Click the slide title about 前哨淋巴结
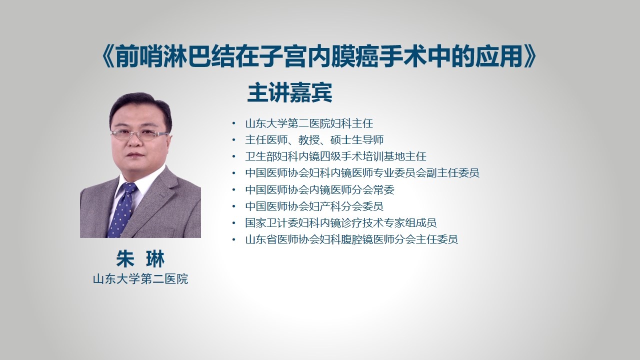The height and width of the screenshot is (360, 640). [319, 56]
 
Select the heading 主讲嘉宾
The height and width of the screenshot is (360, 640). [289, 92]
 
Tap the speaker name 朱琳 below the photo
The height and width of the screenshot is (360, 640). [140, 259]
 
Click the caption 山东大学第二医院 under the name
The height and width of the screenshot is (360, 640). [140, 279]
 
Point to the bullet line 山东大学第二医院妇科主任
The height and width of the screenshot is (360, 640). [309, 123]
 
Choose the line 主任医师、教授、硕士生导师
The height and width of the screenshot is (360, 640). [314, 140]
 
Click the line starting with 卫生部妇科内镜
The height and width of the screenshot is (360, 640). [335, 156]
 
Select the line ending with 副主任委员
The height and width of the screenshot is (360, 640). [362, 173]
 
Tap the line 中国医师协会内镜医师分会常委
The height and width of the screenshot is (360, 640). [319, 189]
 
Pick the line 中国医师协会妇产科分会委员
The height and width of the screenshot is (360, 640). [314, 206]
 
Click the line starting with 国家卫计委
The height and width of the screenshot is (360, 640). [341, 223]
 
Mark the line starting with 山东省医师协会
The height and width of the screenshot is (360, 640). [351, 239]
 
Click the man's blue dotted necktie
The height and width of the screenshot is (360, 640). [123, 210]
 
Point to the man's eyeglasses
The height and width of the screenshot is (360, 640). [139, 134]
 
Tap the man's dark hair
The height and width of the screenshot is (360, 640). [140, 107]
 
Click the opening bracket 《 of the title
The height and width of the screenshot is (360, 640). [108, 56]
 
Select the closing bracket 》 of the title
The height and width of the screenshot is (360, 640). [529, 56]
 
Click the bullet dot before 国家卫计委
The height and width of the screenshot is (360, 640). [234, 223]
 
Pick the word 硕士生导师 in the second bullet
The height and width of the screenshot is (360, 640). [357, 140]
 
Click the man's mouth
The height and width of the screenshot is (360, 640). [135, 155]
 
